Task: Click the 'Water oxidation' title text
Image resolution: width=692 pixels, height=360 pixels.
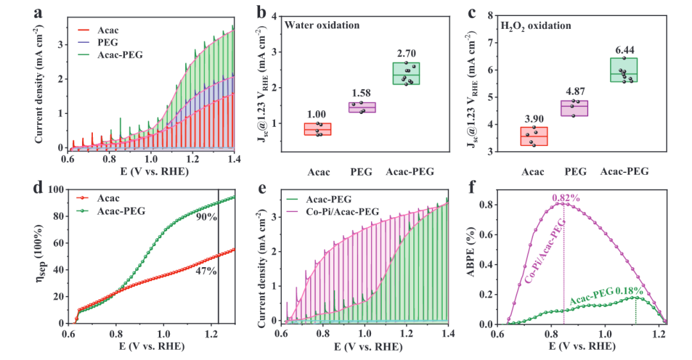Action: click(322, 25)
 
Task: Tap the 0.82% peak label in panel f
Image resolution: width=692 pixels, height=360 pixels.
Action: click(566, 198)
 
